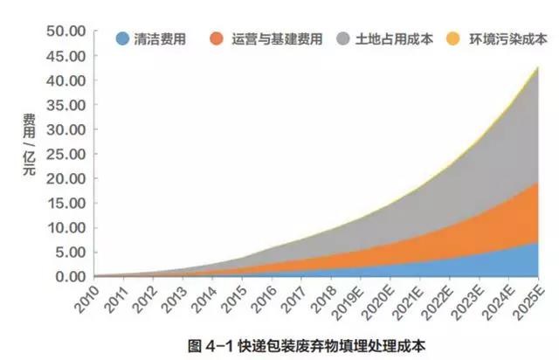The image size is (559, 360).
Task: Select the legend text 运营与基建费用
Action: click(x=278, y=39)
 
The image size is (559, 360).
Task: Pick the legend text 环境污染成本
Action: click(x=507, y=39)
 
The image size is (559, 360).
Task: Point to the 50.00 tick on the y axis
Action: click(x=65, y=31)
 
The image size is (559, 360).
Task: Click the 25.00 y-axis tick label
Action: click(x=65, y=154)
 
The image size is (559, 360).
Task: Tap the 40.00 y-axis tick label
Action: click(x=65, y=80)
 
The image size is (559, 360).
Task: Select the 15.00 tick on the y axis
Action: click(x=65, y=203)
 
